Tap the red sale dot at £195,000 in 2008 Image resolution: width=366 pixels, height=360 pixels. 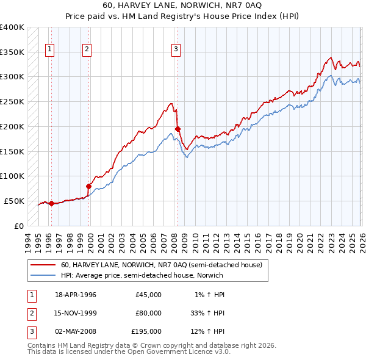point(178,129)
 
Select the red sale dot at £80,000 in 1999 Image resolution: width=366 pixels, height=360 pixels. point(89,186)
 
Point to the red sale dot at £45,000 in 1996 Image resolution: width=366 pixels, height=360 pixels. point(51,203)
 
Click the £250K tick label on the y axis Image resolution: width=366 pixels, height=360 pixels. point(12,102)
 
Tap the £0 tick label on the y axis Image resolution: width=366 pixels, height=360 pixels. point(18,226)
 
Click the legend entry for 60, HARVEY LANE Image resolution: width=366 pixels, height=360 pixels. point(161,265)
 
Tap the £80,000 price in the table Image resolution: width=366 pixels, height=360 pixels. point(148,313)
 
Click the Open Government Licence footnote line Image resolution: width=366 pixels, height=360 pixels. point(129,352)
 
